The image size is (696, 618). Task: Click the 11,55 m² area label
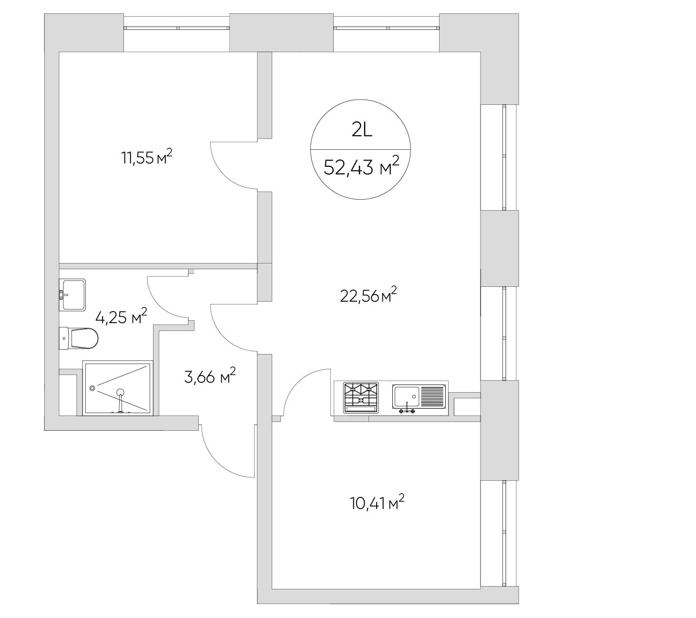pos(146,157)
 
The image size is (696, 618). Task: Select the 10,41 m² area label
pos(377,503)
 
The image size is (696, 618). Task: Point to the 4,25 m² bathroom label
pos(121,316)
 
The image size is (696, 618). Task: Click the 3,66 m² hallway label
pos(210,376)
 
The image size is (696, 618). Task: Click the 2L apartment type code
pos(362,130)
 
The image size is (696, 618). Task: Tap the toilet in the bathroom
pos(79,338)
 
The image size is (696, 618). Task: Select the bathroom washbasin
pos(72,295)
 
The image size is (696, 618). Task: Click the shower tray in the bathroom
pos(117,388)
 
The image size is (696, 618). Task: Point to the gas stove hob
pos(361,397)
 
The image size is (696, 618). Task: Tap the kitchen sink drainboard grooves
pos(432,396)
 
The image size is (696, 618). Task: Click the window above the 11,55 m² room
pos(176,28)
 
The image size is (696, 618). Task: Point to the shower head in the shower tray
pos(120,393)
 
